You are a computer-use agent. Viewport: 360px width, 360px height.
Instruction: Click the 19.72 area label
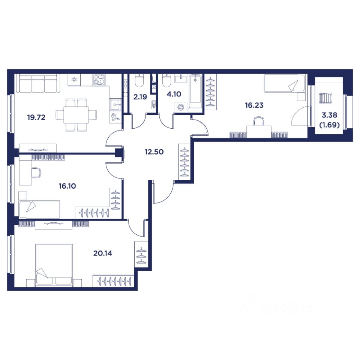[36, 117]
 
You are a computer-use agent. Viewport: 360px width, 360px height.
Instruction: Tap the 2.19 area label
[140, 97]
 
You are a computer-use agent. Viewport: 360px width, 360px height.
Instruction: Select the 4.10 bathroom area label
[174, 94]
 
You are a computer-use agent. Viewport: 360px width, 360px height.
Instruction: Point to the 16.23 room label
[254, 105]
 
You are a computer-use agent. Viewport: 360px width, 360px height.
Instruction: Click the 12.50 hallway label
[154, 152]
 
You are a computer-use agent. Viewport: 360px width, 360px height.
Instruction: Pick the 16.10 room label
[67, 186]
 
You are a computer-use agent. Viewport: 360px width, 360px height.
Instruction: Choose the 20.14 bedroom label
[103, 253]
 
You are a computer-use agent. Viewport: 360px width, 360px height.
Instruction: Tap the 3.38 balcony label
[330, 115]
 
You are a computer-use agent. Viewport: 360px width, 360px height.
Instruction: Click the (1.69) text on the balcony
[330, 125]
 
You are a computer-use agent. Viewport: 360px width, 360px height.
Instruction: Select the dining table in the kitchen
[76, 115]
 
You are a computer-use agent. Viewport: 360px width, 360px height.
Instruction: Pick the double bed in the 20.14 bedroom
[54, 265]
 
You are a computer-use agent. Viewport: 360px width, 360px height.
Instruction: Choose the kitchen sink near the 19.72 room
[115, 105]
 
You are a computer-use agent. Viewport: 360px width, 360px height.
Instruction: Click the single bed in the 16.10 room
[39, 209]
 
